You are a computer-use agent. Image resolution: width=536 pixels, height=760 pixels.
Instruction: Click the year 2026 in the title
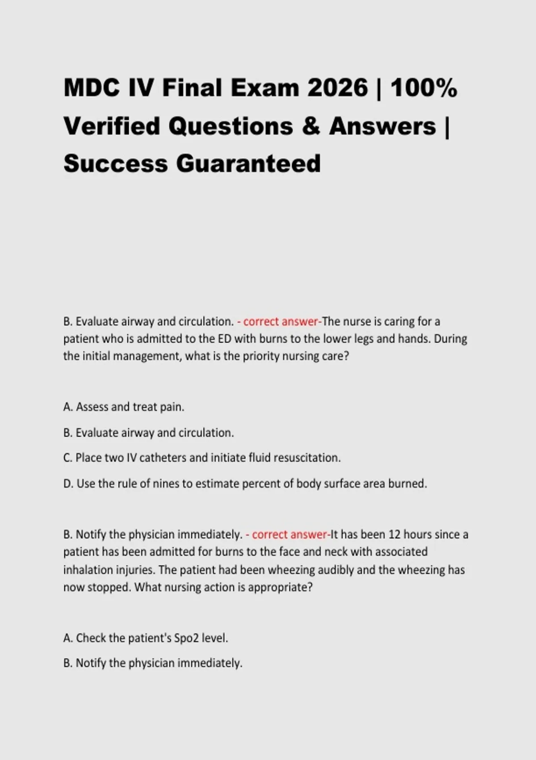(x=337, y=88)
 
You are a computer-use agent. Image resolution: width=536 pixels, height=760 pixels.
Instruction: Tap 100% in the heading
(x=423, y=88)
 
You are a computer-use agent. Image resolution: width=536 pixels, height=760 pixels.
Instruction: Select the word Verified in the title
(x=112, y=126)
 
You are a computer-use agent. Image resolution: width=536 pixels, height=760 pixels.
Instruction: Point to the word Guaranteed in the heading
(x=248, y=163)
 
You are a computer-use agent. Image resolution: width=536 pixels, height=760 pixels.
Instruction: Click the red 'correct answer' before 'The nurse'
(x=281, y=321)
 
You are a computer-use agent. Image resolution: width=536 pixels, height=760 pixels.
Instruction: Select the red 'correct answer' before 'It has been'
(x=289, y=534)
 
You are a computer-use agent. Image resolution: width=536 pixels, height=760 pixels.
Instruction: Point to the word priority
(x=261, y=357)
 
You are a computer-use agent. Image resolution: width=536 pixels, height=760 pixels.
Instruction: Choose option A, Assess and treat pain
(x=124, y=407)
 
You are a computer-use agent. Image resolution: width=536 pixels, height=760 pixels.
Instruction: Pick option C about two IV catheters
(x=202, y=458)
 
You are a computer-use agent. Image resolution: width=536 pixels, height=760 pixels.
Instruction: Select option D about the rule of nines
(x=245, y=483)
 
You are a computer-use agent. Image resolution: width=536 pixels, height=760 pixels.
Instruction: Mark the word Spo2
(x=187, y=638)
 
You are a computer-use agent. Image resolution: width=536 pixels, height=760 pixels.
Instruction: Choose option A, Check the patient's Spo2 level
(x=146, y=638)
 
